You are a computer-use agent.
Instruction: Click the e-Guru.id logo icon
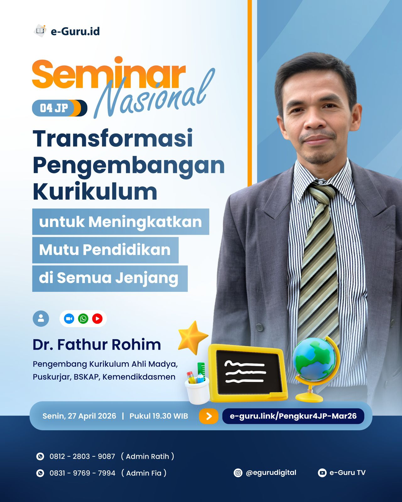pyautogui.click(x=40, y=31)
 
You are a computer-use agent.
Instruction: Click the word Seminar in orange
pyautogui.click(x=108, y=74)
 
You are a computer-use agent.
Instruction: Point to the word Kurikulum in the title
pyautogui.click(x=95, y=192)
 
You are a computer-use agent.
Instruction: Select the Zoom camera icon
pyautogui.click(x=69, y=319)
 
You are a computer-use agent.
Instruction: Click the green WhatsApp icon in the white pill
pyautogui.click(x=83, y=319)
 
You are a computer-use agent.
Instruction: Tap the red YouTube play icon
pyautogui.click(x=97, y=319)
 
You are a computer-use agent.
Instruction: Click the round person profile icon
pyautogui.click(x=41, y=319)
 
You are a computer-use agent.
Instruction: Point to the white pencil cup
pyautogui.click(x=197, y=391)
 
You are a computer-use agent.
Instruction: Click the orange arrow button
pyautogui.click(x=209, y=416)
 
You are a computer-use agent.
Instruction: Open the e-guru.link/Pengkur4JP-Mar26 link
pyautogui.click(x=293, y=416)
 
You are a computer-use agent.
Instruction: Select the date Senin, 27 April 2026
pyautogui.click(x=79, y=416)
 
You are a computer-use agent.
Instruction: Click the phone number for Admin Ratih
pyautogui.click(x=82, y=456)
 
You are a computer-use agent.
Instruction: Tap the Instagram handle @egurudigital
pyautogui.click(x=271, y=473)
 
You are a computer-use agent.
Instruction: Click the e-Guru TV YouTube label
pyautogui.click(x=347, y=473)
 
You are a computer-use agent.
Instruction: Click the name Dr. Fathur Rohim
pyautogui.click(x=97, y=344)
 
